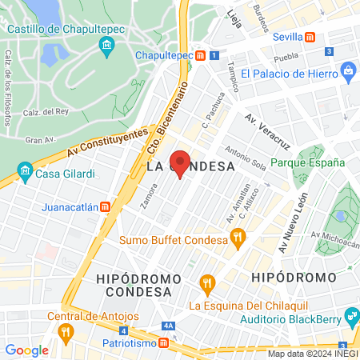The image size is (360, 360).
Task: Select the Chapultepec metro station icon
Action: click(201, 55)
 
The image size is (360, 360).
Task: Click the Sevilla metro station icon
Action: click(310, 37)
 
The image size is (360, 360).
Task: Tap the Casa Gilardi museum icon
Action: click(25, 173)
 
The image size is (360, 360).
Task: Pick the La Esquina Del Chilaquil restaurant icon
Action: click(208, 283)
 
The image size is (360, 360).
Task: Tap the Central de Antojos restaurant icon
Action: click(69, 330)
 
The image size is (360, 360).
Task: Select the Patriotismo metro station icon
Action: click(164, 342)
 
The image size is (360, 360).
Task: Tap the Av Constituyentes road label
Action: click(108, 142)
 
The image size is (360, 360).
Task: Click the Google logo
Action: click(26, 350)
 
